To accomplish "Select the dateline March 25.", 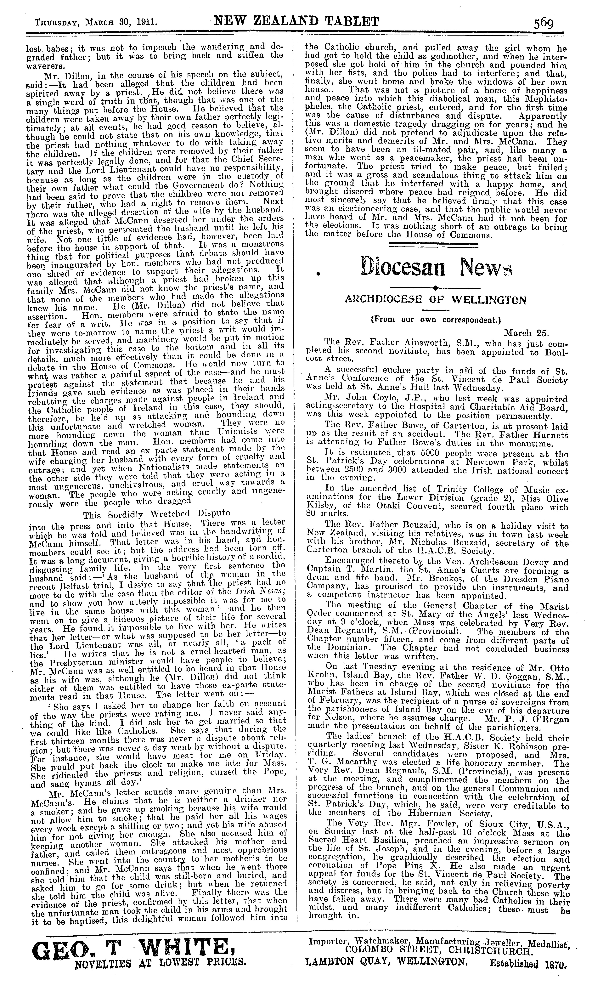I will [x=527, y=333].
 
